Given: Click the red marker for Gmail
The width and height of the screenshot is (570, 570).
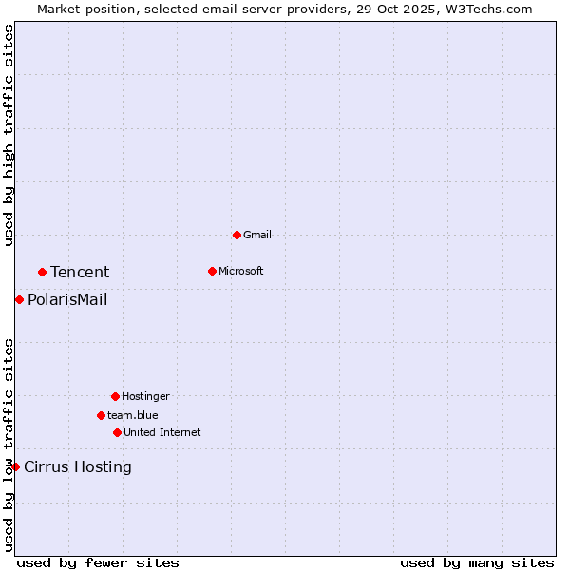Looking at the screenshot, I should coord(237,235).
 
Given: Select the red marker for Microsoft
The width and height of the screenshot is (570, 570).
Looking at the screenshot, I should coord(212,271).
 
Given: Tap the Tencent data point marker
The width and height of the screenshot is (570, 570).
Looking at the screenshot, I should coord(42,272).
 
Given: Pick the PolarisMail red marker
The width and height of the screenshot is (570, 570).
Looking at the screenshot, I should coord(19,299).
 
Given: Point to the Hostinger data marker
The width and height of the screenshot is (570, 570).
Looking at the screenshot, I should coord(115,396).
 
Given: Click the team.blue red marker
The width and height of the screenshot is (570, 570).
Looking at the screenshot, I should coord(101,415).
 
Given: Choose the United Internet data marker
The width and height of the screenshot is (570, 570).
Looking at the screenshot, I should coord(117,432).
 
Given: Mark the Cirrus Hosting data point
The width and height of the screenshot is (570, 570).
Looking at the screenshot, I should coord(15,466).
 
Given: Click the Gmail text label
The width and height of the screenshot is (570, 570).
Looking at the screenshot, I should coord(257,235).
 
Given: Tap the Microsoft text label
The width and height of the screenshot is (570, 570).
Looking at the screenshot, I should coord(241,271).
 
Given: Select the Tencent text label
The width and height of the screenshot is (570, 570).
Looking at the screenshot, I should coord(80,272).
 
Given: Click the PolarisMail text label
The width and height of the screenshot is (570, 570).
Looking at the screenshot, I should coord(67,300).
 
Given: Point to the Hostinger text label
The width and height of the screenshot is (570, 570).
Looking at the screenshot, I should coord(145,396).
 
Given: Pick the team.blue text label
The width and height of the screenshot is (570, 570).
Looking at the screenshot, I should coord(133,415).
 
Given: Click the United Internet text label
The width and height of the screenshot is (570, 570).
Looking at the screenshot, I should coord(162,432).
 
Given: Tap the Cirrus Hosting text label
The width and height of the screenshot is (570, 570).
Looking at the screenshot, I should coord(78,466).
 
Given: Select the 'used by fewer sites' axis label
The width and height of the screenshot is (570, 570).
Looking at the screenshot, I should coord(98,562).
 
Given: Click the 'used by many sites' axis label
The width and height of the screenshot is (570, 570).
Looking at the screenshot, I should coord(477,562).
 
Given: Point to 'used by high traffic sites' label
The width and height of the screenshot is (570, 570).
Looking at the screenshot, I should coord(9,135).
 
